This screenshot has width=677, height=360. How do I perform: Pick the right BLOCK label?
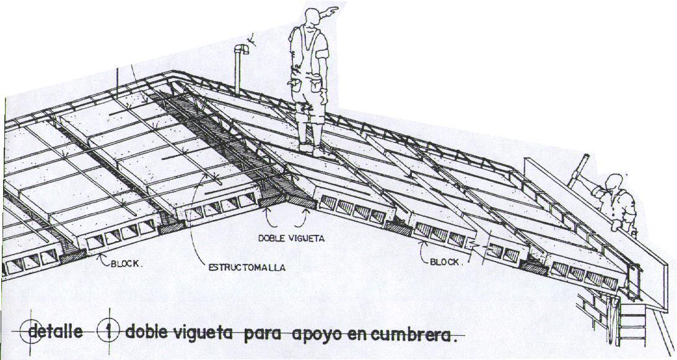click(446, 262)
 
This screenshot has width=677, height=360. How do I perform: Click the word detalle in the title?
click(56, 331)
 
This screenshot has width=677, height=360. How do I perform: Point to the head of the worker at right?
click(613, 182)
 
